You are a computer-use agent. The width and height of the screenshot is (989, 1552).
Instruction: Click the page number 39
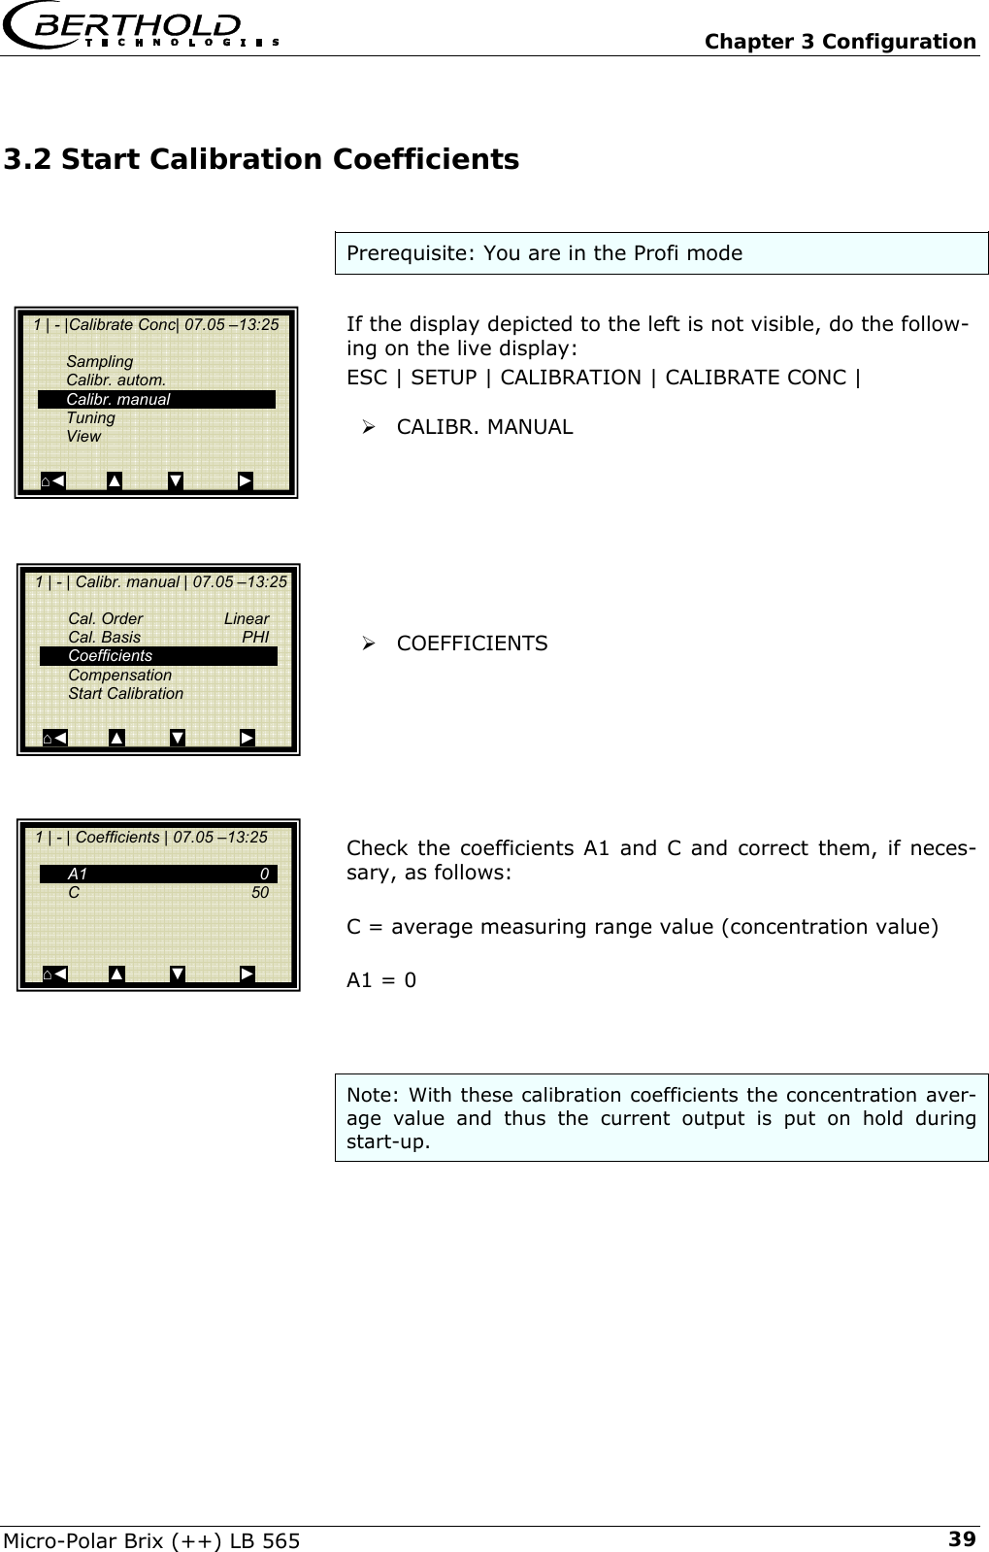click(x=962, y=1538)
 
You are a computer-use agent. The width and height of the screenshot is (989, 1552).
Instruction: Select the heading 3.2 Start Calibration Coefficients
click(x=261, y=158)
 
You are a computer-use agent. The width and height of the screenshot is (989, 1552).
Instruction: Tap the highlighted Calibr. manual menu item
click(x=156, y=399)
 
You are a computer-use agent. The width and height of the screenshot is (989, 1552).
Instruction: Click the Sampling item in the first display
click(x=99, y=362)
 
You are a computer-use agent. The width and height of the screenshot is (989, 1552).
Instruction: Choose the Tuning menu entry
click(x=90, y=417)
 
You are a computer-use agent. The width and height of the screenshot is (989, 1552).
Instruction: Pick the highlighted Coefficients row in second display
click(x=158, y=656)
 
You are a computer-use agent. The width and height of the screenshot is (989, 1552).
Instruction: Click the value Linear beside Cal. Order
click(x=247, y=619)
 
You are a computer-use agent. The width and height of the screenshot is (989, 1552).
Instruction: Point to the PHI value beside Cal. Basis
click(x=255, y=638)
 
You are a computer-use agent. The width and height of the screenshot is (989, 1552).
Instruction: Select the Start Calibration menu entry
click(x=125, y=693)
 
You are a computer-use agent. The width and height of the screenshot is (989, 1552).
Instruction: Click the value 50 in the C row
click(x=260, y=892)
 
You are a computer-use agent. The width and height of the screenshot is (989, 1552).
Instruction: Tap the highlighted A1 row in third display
click(x=158, y=874)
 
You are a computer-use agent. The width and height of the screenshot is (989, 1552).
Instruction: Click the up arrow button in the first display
click(x=115, y=480)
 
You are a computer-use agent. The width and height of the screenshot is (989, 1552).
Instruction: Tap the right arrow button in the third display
click(x=247, y=974)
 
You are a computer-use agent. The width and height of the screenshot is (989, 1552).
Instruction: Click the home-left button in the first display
click(x=53, y=480)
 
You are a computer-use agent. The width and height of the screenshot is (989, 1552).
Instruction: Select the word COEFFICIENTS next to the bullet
click(x=472, y=644)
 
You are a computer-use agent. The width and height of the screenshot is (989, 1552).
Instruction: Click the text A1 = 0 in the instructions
click(x=381, y=980)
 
